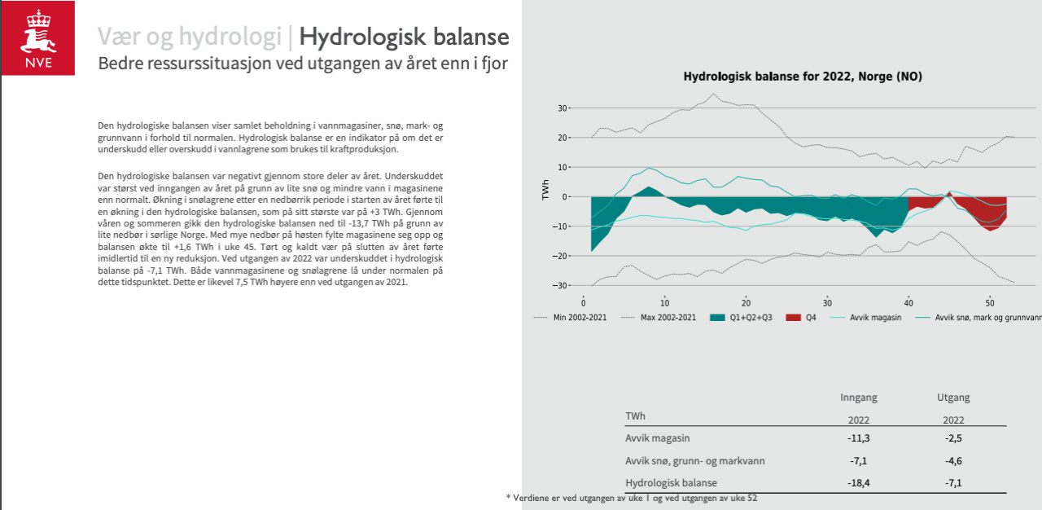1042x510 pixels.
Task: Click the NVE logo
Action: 37,38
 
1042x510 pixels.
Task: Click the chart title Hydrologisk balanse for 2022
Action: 802,77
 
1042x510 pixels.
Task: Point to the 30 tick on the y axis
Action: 563,108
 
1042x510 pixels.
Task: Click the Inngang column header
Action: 858,398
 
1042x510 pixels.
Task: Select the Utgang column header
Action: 953,398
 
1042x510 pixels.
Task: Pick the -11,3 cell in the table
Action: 859,438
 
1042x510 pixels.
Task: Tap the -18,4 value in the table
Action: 859,482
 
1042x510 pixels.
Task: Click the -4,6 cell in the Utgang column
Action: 954,460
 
